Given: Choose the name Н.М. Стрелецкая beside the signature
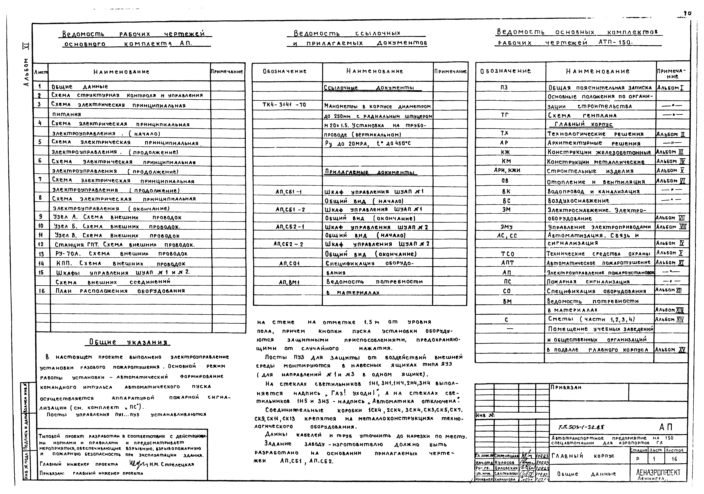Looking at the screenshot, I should coord(172,464).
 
